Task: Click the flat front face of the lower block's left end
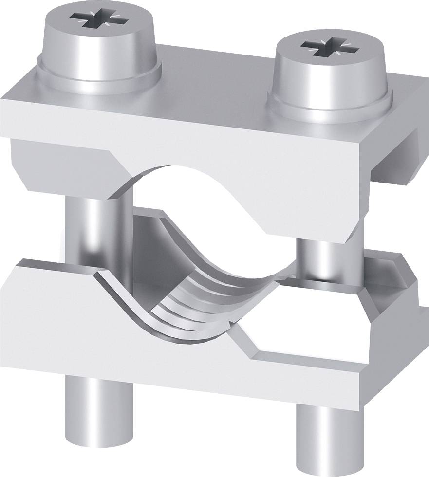click(x=49, y=316)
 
